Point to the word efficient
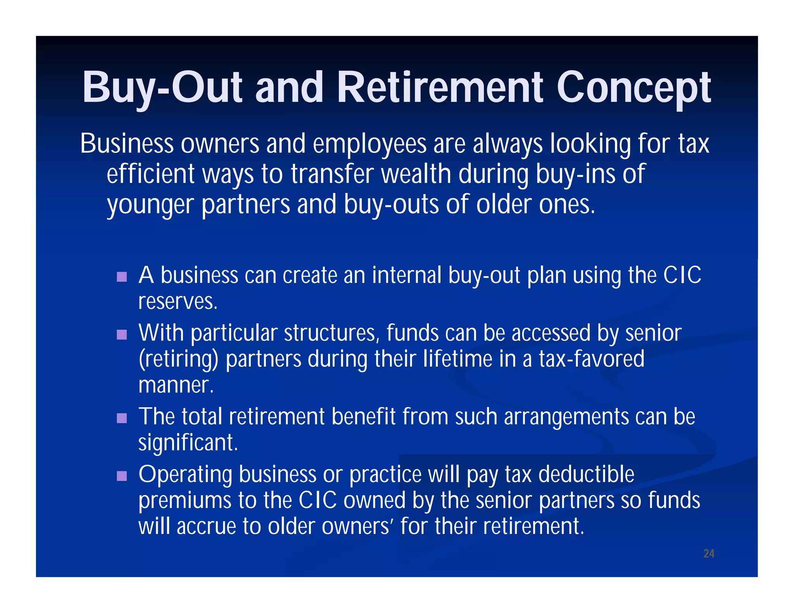pos(150,174)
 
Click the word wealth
pos(416,174)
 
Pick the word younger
pos(150,205)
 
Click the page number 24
pos(709,553)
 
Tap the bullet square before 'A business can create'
pos(122,277)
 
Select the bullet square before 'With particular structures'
pos(122,334)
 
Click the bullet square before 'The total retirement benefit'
pos(122,418)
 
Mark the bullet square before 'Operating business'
pos(122,476)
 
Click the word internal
pos(406,276)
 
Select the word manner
pos(176,385)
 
